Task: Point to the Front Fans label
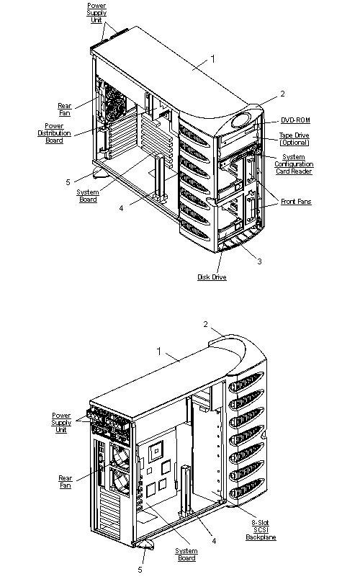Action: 295,202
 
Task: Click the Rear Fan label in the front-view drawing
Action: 65,109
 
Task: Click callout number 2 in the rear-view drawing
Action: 205,324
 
